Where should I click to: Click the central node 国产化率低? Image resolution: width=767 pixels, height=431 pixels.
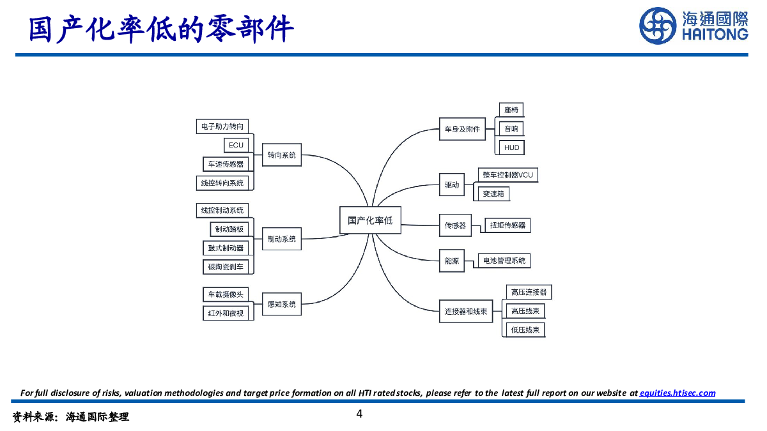click(x=370, y=221)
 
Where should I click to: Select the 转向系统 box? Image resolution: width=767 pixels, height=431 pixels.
click(x=282, y=155)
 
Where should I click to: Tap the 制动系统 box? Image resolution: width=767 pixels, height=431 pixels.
click(x=282, y=239)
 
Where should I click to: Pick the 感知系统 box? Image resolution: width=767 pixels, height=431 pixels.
click(x=282, y=305)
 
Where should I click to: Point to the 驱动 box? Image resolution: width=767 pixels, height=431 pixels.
click(x=452, y=185)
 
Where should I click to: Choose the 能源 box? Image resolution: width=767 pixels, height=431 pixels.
click(x=452, y=261)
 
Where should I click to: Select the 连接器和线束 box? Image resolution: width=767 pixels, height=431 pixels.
click(x=466, y=312)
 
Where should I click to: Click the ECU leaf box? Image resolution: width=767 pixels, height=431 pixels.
click(x=236, y=145)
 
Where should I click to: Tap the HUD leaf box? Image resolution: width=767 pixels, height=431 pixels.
click(x=511, y=147)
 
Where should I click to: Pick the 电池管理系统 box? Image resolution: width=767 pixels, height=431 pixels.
click(x=504, y=261)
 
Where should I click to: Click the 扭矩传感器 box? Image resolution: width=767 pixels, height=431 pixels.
click(x=507, y=225)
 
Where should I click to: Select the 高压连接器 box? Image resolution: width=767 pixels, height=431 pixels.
click(x=529, y=292)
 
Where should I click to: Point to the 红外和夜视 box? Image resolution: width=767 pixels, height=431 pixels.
click(x=226, y=314)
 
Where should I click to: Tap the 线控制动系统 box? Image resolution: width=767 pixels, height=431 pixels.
click(x=222, y=210)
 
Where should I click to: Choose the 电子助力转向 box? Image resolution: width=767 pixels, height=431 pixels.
click(x=222, y=126)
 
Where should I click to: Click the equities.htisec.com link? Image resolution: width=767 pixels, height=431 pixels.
click(x=677, y=393)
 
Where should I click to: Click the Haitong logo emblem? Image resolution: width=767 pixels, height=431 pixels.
click(x=658, y=26)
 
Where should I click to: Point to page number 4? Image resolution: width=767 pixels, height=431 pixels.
click(x=359, y=414)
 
